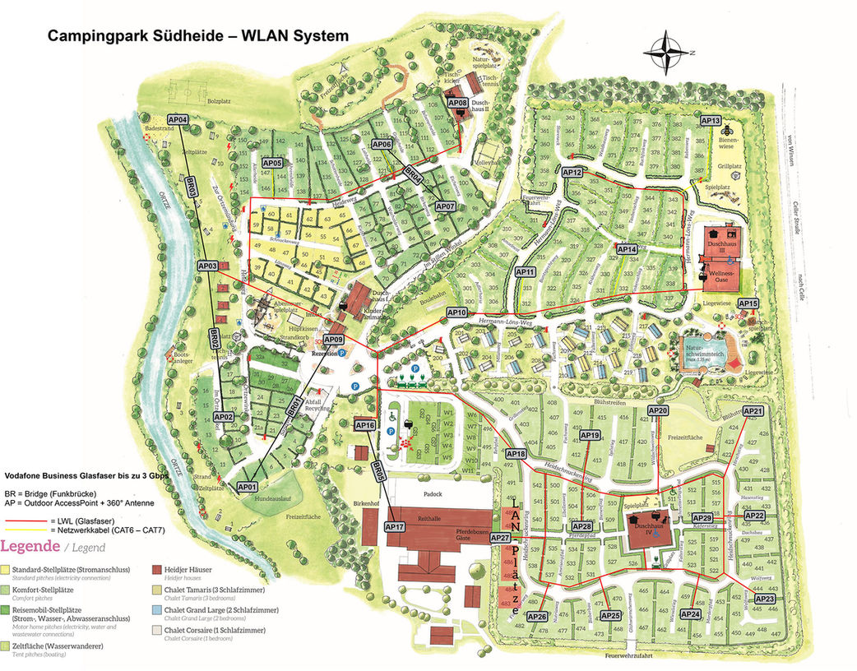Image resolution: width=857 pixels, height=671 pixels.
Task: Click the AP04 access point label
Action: point(178,120)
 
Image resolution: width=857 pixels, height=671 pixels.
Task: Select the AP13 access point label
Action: point(711,121)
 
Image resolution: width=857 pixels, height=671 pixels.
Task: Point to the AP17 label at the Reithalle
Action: point(395,526)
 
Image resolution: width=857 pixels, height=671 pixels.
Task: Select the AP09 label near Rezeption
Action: point(333,340)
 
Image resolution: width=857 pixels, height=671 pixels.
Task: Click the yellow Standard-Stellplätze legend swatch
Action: point(6,568)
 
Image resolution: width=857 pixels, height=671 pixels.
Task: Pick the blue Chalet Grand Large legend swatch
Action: point(156,611)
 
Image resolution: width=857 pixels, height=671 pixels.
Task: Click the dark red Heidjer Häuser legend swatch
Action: point(156,568)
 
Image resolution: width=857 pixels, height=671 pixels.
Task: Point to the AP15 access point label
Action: point(748,304)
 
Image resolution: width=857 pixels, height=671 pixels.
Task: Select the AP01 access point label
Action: point(248,487)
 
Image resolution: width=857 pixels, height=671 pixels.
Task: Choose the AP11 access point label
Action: point(526,271)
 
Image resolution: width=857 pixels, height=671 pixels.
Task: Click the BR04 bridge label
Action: point(413,175)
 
